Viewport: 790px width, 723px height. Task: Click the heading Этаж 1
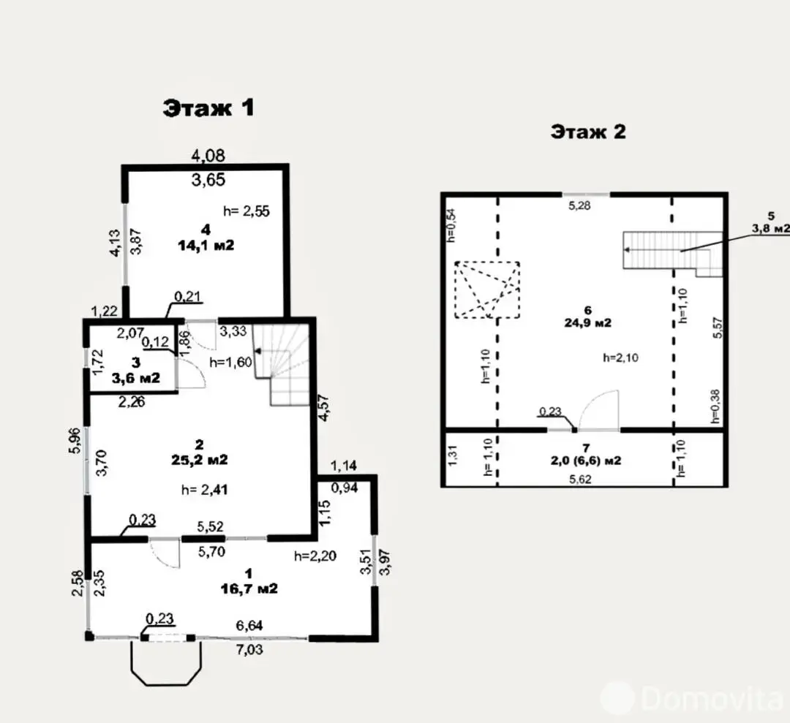pos(208,108)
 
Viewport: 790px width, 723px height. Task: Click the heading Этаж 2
pos(588,132)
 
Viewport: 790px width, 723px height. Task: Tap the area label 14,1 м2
pos(206,246)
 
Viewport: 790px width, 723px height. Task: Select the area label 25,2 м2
pos(200,460)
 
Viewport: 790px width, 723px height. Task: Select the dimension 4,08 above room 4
pos(208,155)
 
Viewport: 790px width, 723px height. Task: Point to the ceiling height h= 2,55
pos(247,211)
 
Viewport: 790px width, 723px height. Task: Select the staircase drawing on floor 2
pos(669,252)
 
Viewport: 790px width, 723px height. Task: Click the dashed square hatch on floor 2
pos(486,289)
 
